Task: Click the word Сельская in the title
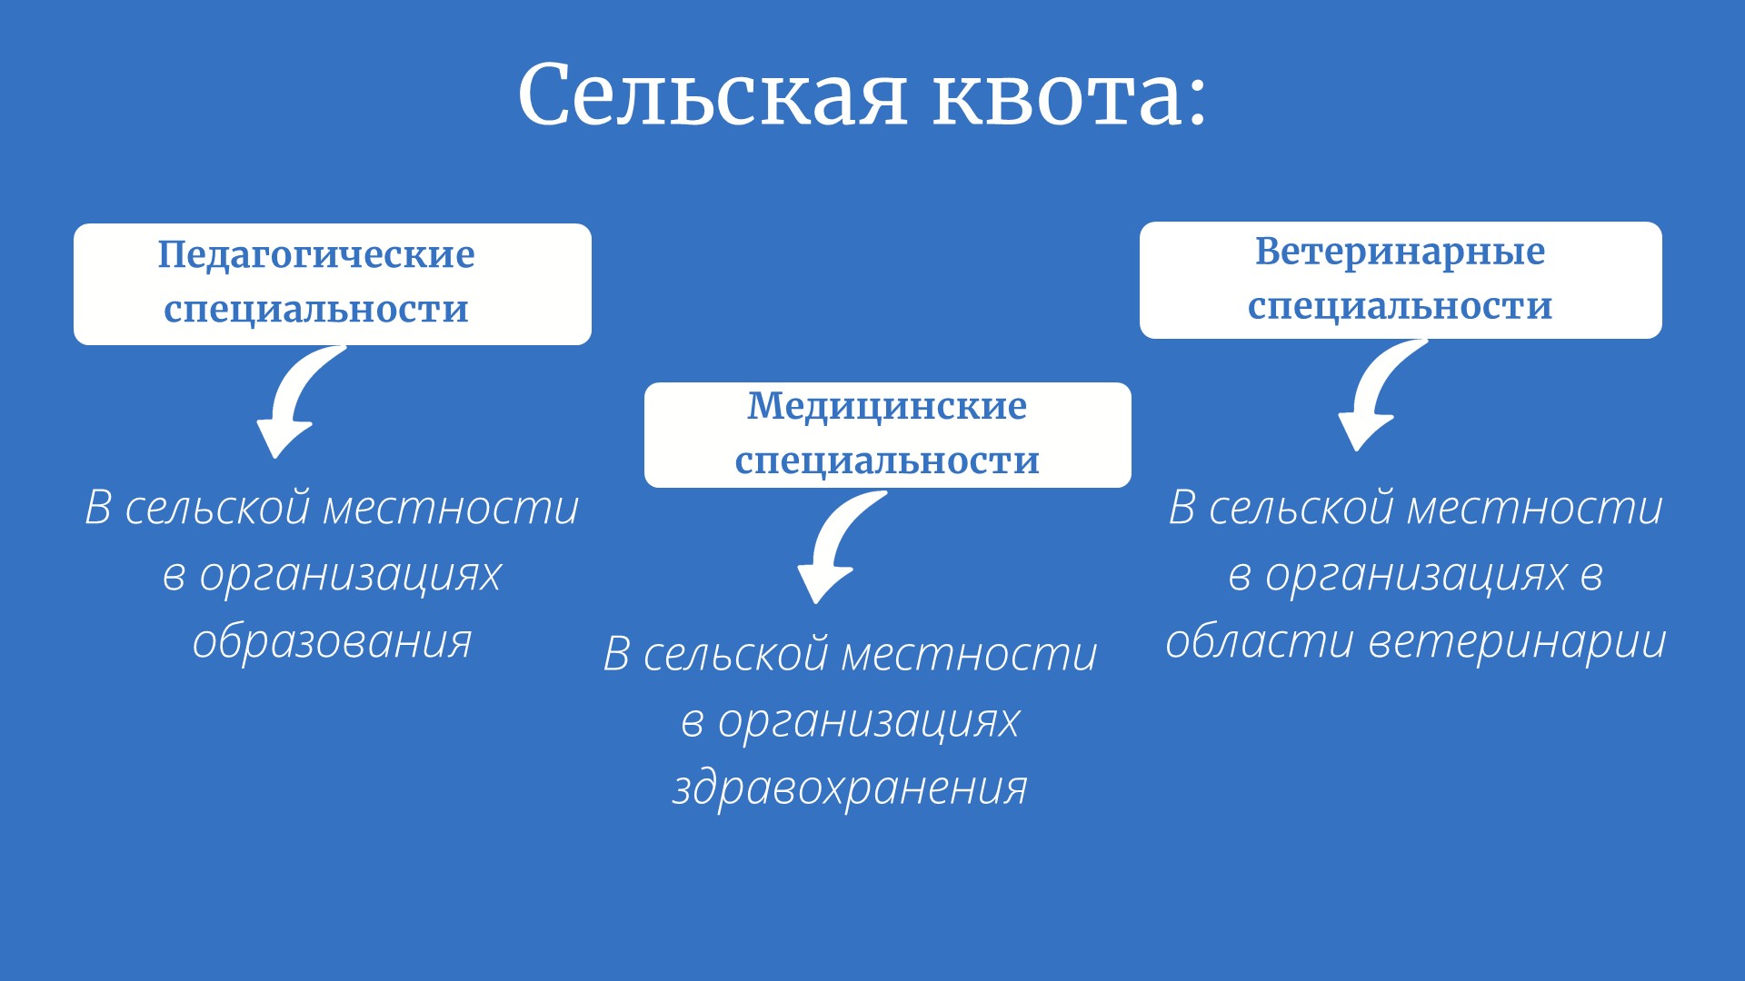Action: (713, 94)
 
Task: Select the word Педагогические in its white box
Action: (316, 255)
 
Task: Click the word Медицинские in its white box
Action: (887, 407)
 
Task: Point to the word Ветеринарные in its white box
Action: (1400, 253)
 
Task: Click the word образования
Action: (332, 641)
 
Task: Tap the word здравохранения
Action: (850, 788)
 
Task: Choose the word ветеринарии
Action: (1517, 641)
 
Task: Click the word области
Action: (1261, 641)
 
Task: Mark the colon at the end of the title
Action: (1196, 100)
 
